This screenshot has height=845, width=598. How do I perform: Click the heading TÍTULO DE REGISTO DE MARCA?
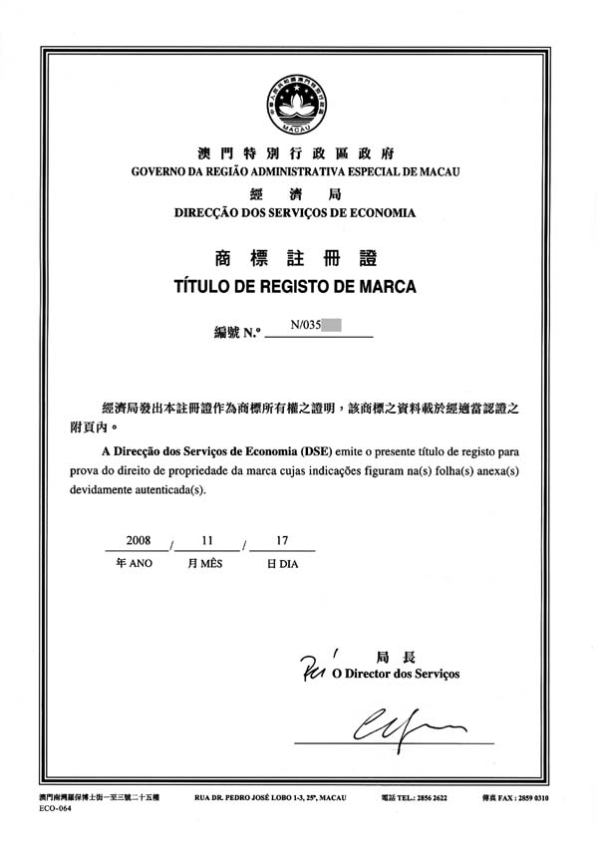coord(295,287)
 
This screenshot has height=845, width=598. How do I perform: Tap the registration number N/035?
coord(304,325)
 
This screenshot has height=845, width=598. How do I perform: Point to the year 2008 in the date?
coord(138,540)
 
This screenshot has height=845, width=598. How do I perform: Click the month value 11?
coord(207,540)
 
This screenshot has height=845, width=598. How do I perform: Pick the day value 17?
coord(282,540)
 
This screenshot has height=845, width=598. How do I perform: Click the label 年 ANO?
coord(135,564)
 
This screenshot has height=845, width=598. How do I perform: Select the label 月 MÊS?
coord(206,564)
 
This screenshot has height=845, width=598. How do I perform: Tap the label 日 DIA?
coord(282,564)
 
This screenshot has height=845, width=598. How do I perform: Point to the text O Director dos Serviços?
coord(395,675)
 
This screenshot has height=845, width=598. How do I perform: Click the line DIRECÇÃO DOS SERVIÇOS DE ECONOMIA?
coord(295,212)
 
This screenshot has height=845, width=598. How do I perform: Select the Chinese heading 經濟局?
coord(295,192)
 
